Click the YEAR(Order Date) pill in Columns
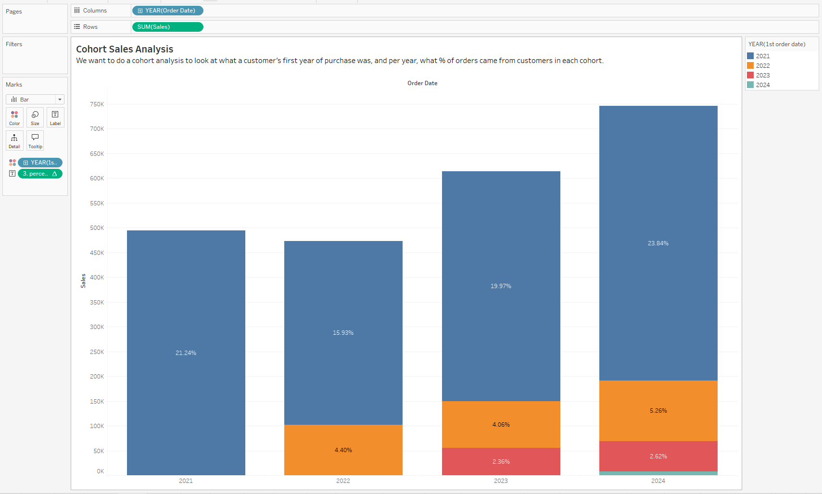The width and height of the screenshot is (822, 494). coord(167,11)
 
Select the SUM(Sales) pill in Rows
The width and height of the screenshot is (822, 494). coord(167,27)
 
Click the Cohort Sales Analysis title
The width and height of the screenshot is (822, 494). coord(125,49)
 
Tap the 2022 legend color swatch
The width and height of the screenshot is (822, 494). coord(750,65)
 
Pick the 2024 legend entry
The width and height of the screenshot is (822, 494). coord(762,85)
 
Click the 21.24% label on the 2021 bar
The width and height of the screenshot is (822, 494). coord(186,353)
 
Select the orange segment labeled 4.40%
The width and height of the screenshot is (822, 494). coord(343,450)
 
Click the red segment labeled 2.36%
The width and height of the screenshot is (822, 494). coord(501,462)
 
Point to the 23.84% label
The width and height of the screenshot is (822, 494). coord(658,243)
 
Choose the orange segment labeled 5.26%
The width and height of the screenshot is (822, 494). coord(658,411)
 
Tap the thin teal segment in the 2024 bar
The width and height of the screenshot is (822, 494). coord(658,473)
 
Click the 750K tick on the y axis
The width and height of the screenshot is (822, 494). coord(97,104)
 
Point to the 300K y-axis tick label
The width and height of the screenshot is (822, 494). coord(97,327)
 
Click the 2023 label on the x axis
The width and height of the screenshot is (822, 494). coord(501,481)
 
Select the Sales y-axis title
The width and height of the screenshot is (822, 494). coord(83,281)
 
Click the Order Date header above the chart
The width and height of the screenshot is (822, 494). coord(422,83)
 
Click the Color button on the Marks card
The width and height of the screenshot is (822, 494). coord(14,117)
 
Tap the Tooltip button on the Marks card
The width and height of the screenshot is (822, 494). coord(35,140)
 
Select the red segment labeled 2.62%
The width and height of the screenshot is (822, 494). coord(658,456)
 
